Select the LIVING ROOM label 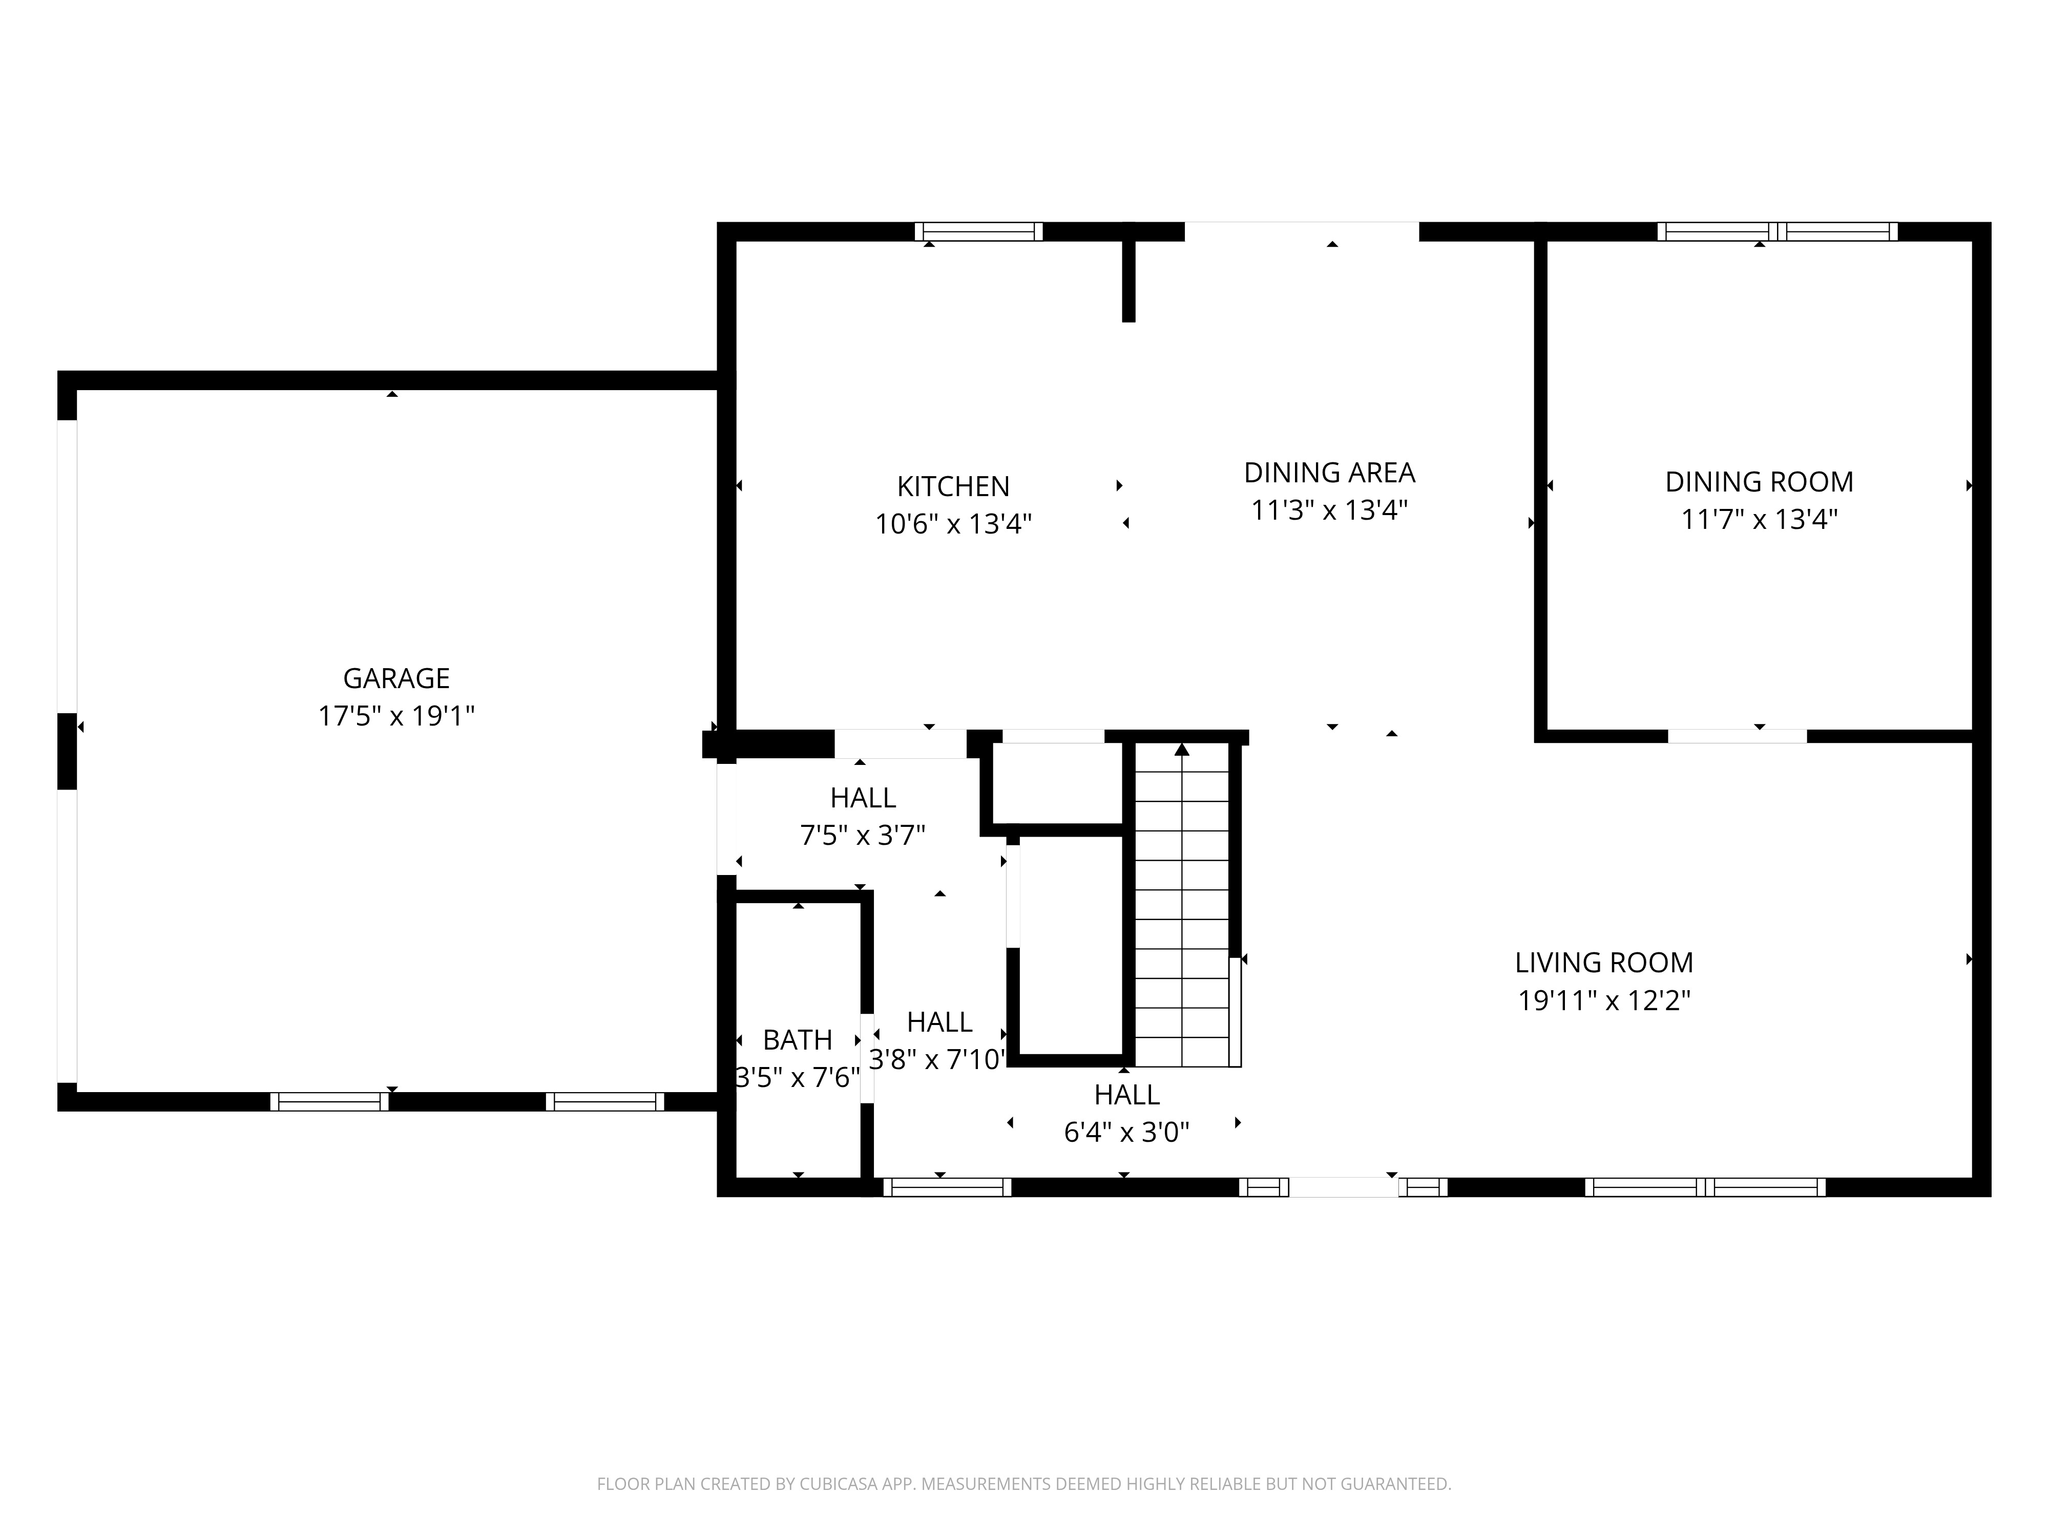[x=1603, y=963]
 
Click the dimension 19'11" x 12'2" [x=1603, y=1001]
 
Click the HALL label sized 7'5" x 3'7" [x=863, y=798]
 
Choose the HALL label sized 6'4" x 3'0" [x=1126, y=1095]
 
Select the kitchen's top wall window [x=979, y=231]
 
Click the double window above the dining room [x=1776, y=231]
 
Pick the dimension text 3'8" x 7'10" [x=937, y=1060]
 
